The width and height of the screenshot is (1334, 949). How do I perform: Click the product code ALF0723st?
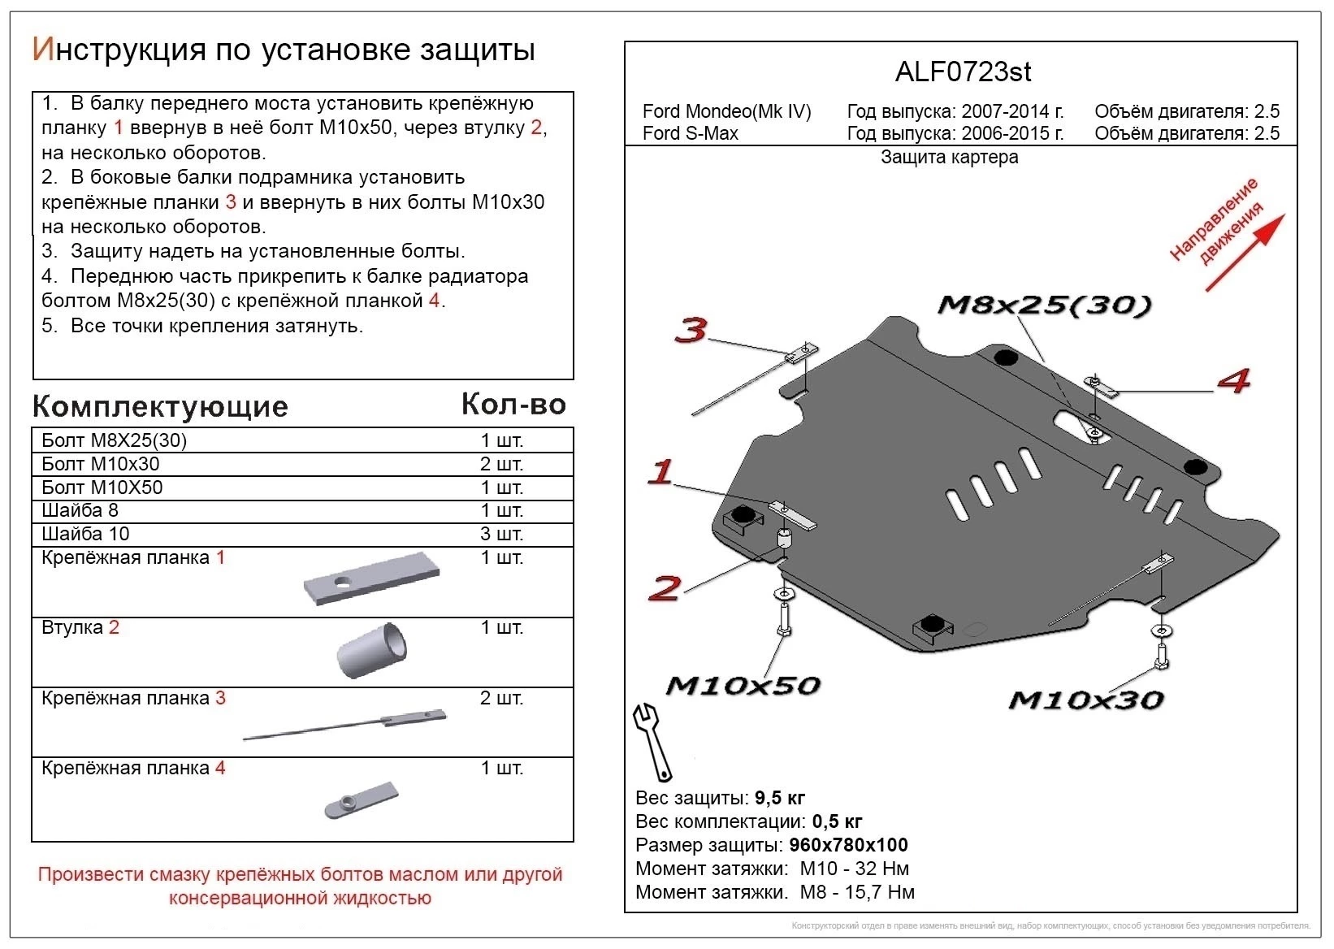963,72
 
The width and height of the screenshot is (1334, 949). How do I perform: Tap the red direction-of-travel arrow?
1245,252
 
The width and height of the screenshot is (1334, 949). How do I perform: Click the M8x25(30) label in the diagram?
1044,305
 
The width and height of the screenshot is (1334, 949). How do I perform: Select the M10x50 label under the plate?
743,686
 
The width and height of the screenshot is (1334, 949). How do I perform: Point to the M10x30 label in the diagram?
1085,700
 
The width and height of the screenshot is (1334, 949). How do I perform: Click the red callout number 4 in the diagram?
1232,380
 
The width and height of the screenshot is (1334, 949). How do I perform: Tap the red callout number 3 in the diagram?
691,330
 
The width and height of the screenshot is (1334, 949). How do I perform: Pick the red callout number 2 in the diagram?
665,587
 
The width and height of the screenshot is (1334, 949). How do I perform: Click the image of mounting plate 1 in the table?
371,579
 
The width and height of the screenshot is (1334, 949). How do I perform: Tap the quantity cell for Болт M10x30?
501,464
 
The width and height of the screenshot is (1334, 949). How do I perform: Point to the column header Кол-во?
513,404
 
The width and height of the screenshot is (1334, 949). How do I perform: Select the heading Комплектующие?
160,406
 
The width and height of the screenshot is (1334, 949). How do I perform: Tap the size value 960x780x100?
848,845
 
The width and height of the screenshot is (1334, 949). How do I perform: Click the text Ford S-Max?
690,133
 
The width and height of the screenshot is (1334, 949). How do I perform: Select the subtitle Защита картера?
949,158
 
